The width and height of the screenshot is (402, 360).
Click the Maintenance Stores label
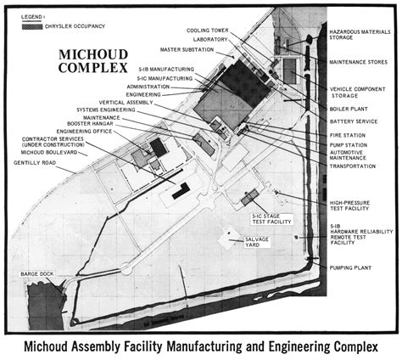coord(356,63)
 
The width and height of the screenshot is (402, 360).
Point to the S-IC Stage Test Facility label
coord(271,220)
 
